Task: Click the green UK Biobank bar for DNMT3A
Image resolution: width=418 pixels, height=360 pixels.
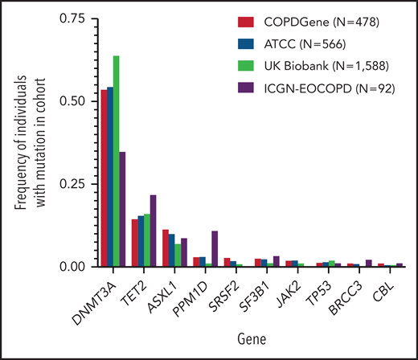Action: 117,161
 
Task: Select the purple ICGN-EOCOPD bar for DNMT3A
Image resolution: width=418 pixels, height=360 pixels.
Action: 122,209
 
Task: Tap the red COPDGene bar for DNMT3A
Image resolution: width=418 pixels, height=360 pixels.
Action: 104,178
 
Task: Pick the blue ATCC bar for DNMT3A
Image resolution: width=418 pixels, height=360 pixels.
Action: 110,177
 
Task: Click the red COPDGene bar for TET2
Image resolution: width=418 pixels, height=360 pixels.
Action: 135,243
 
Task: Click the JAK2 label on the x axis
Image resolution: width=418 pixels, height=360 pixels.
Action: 294,289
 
